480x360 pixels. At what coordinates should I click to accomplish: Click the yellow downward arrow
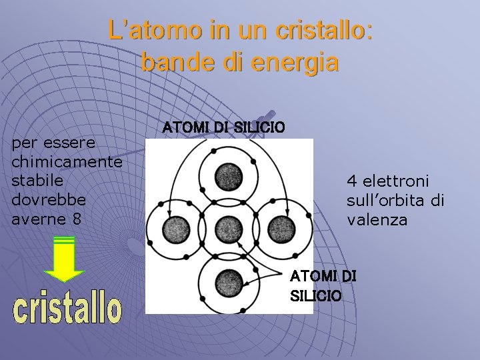tap(64, 259)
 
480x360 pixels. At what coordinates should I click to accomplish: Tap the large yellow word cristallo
tap(67, 309)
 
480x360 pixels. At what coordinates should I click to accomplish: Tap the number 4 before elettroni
tap(351, 181)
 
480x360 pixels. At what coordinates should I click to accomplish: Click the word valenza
tap(377, 219)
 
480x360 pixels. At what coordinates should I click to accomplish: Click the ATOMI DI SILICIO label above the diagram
tap(224, 127)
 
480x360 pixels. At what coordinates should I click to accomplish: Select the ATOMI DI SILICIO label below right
tap(323, 285)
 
